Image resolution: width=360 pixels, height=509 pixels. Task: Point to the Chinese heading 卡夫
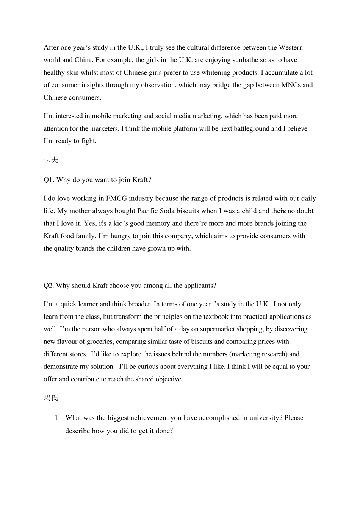[51, 160]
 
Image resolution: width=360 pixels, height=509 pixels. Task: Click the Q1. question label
[49, 180]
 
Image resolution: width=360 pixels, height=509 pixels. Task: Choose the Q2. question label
[49, 286]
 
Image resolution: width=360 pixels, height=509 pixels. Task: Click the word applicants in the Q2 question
[200, 286]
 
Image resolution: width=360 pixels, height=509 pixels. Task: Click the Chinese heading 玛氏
[51, 398]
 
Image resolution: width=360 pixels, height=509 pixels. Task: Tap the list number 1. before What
[57, 418]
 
